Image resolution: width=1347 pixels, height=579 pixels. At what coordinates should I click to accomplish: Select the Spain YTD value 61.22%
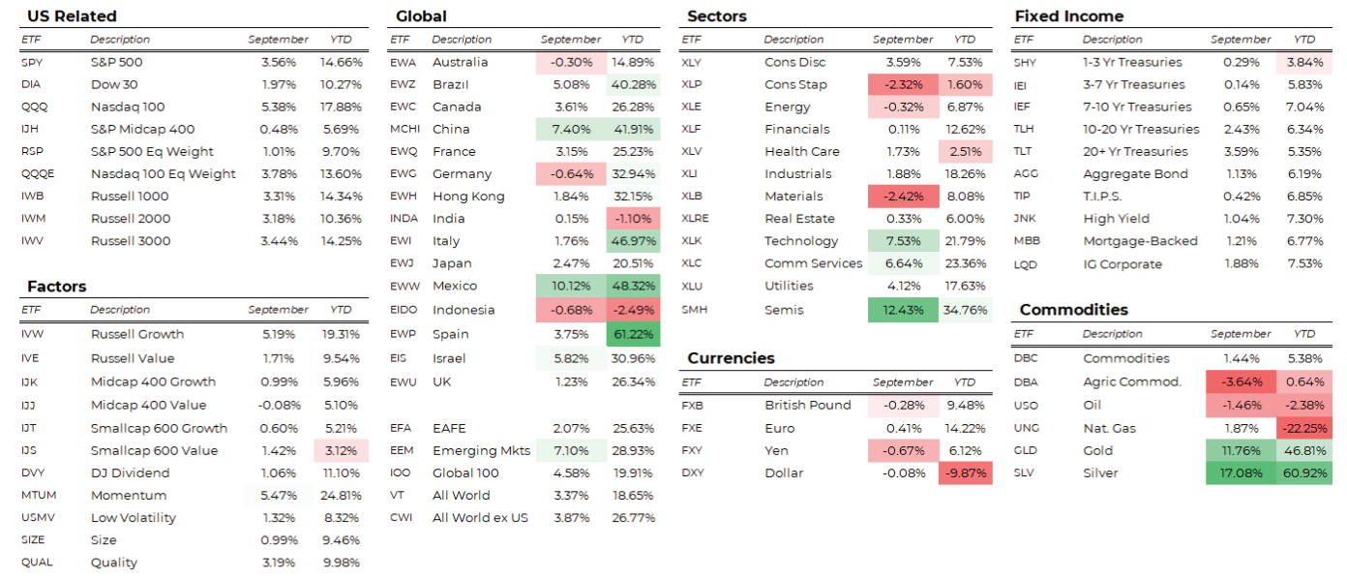[x=633, y=335]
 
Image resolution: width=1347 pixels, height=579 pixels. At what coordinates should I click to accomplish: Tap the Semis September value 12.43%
[x=903, y=311]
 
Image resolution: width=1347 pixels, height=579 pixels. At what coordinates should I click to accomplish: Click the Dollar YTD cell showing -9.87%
[x=965, y=473]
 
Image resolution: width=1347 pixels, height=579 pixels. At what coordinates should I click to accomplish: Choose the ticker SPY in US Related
[x=32, y=62]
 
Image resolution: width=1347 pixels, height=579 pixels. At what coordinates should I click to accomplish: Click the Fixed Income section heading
[x=1068, y=16]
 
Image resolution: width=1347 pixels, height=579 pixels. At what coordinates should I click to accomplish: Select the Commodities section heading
[x=1073, y=310]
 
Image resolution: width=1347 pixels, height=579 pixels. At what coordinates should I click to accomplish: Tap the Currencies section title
[x=731, y=358]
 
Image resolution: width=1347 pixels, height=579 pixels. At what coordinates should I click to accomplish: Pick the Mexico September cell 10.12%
[x=570, y=286]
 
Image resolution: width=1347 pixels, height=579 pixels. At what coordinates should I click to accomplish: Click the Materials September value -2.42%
[x=903, y=197]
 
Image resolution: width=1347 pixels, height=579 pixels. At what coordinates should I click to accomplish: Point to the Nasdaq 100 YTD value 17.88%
[x=341, y=107]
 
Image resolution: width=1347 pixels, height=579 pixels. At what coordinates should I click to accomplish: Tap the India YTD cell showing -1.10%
[x=633, y=219]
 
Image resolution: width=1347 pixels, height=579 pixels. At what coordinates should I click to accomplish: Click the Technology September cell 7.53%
[x=903, y=241]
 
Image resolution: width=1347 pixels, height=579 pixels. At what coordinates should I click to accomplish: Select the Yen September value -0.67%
[x=903, y=451]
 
